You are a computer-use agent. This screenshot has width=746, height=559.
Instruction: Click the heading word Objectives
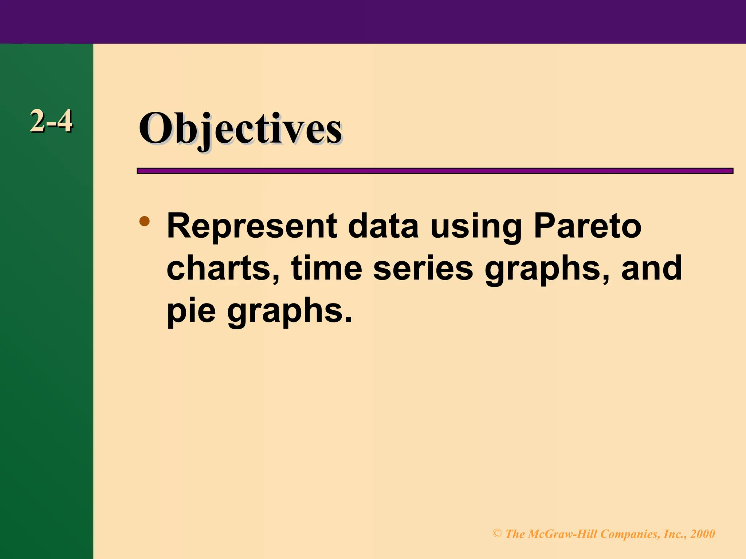coord(240,130)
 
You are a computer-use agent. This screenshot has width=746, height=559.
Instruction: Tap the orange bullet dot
coord(145,221)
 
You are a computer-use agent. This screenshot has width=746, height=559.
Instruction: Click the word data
coord(383,226)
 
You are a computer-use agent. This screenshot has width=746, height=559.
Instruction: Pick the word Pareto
coord(587,226)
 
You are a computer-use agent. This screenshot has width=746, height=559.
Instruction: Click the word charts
coord(223,269)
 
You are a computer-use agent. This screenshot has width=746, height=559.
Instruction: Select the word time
coord(326,269)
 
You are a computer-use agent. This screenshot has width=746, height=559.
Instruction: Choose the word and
coord(652,269)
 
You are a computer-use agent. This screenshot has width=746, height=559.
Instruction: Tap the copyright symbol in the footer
coord(497,534)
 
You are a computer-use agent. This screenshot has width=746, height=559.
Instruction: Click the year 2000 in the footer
coord(703,534)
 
